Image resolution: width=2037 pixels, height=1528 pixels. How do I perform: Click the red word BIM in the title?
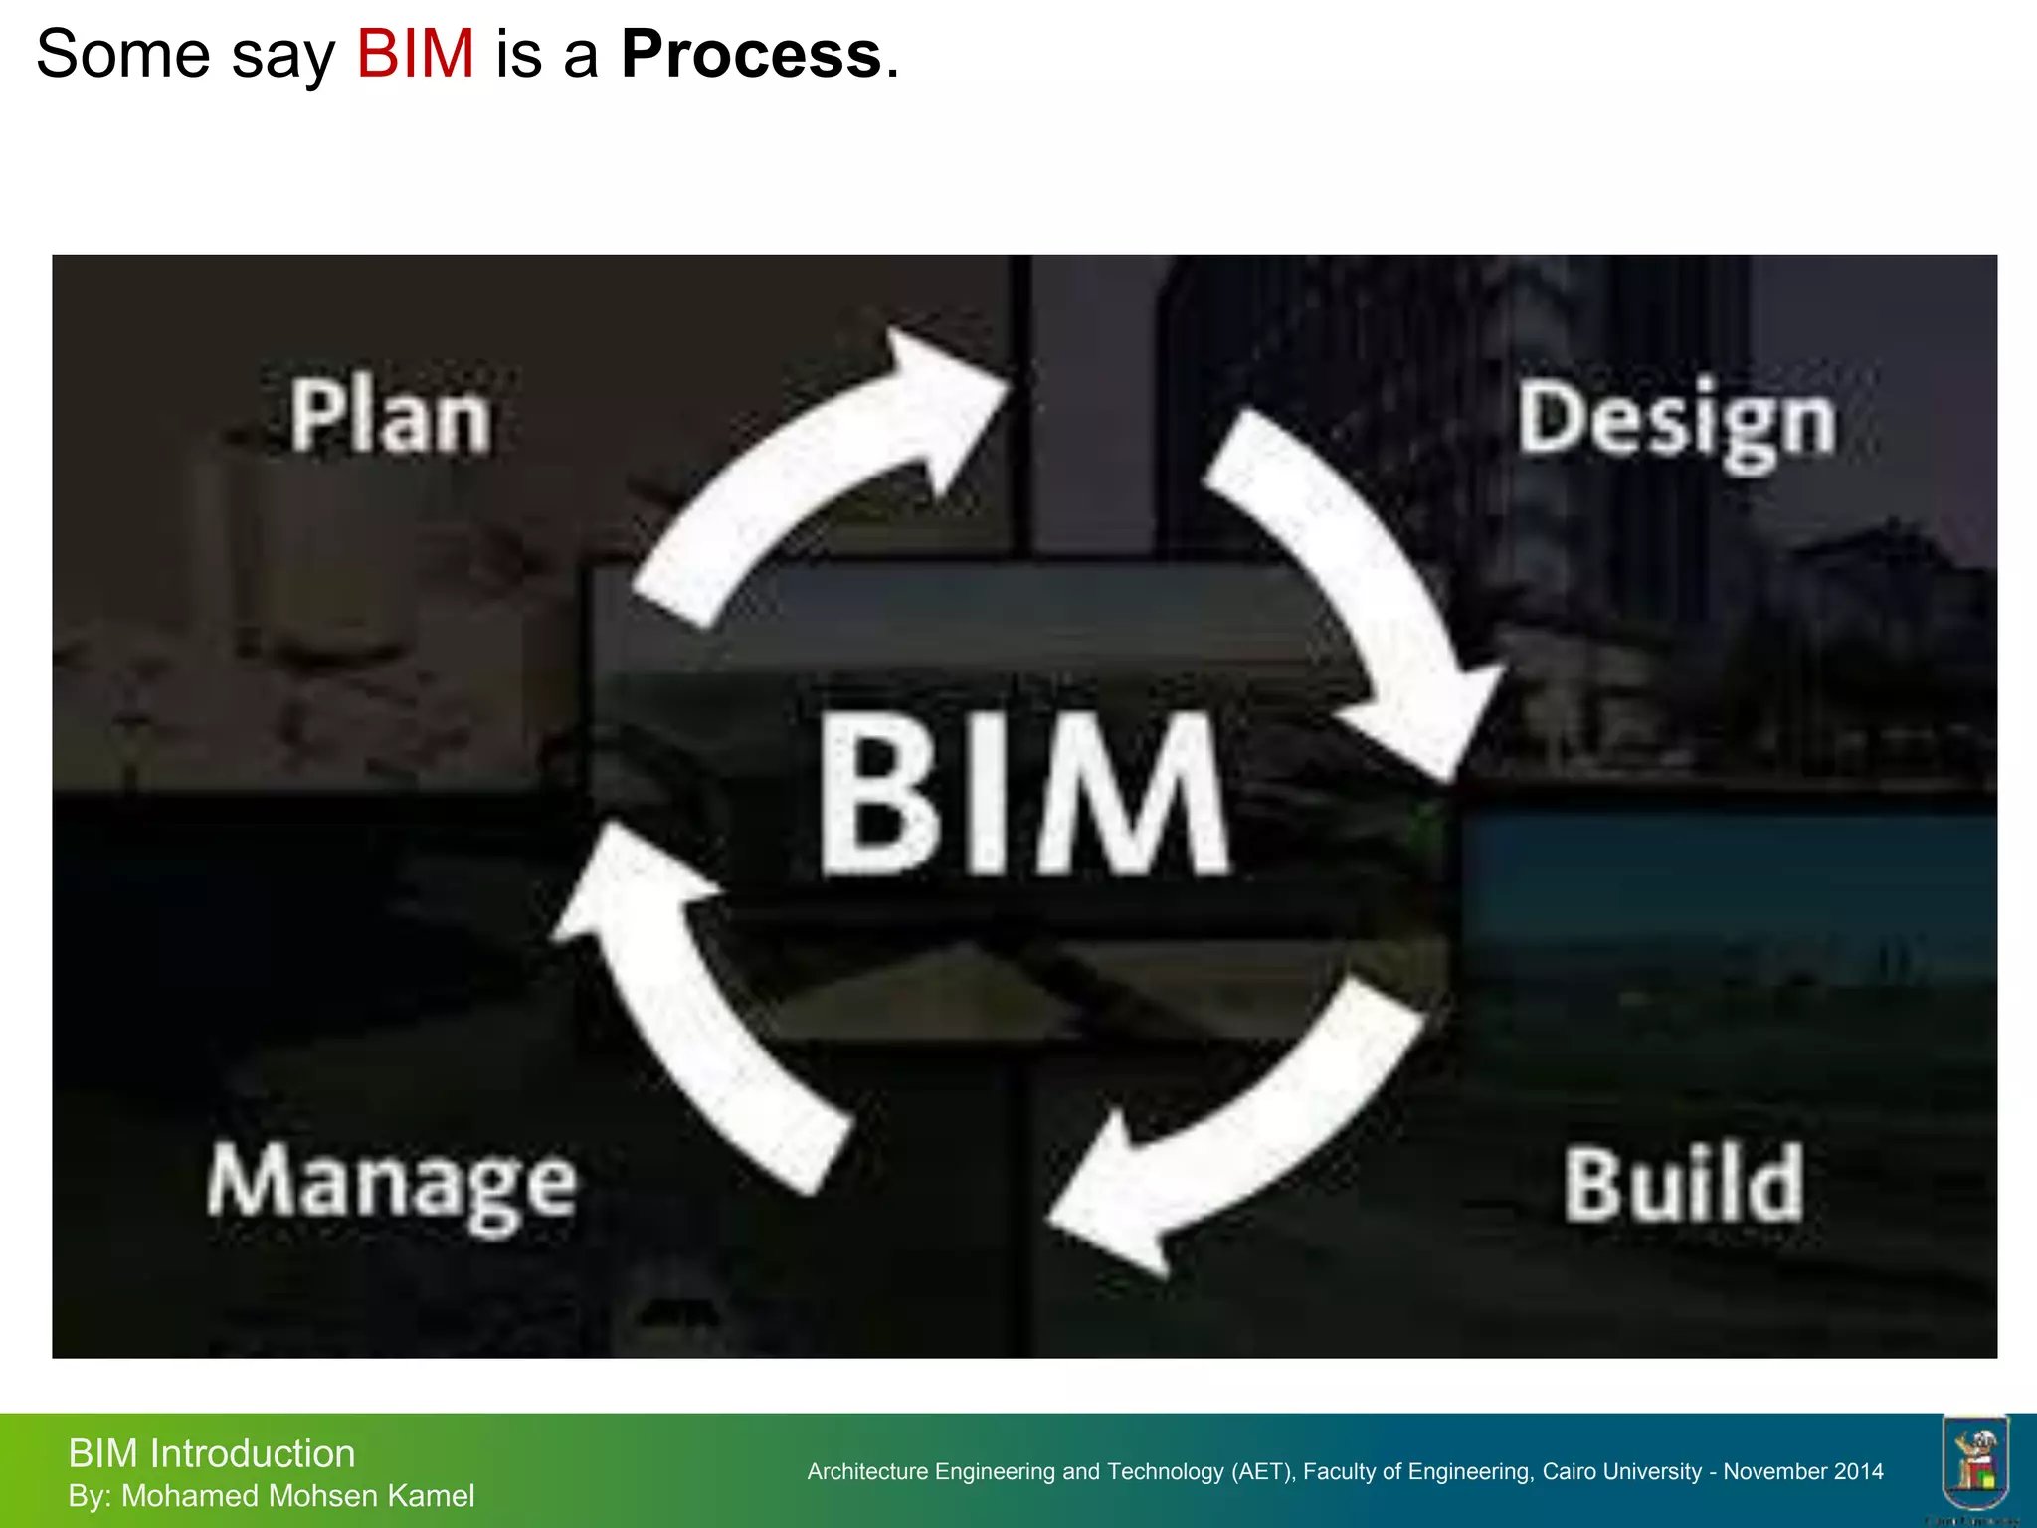point(415,54)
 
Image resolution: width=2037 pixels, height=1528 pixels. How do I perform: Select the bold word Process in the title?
point(751,54)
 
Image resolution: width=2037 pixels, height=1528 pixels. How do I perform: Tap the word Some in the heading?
point(122,54)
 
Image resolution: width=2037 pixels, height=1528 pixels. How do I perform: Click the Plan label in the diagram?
point(391,418)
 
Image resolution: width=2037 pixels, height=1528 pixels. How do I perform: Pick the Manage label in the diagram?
point(392,1186)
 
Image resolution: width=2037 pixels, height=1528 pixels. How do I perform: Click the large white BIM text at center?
point(1024,796)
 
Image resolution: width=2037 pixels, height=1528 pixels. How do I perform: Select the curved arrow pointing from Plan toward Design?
point(816,468)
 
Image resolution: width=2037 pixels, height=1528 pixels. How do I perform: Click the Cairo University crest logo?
point(1975,1462)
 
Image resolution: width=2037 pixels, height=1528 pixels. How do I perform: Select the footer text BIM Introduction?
point(211,1454)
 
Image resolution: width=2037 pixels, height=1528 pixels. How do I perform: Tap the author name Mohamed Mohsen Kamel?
point(297,1496)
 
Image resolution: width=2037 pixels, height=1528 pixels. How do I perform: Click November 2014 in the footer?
point(1803,1472)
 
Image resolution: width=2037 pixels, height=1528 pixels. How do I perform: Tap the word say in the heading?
point(282,56)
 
